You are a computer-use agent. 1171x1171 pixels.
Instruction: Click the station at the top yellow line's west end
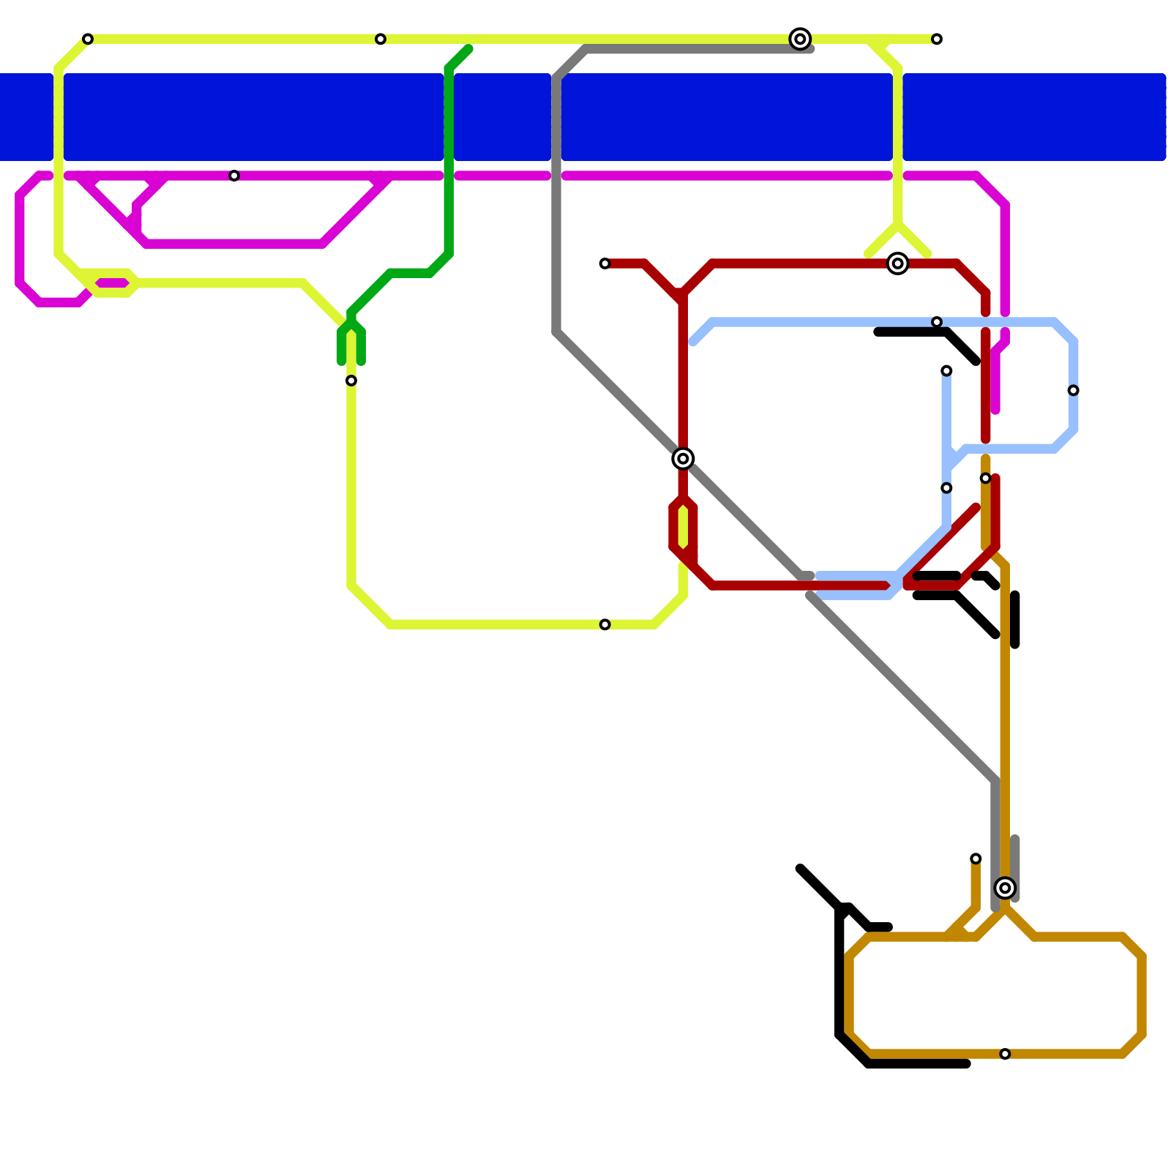(88, 39)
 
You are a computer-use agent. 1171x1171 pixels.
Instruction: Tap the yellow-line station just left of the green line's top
(381, 39)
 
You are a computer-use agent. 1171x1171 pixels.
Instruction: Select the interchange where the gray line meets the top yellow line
(800, 39)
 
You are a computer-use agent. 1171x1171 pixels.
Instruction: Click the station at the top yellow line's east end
(937, 39)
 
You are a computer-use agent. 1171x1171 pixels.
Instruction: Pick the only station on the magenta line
(234, 176)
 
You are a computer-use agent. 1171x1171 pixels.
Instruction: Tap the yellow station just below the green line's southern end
(351, 381)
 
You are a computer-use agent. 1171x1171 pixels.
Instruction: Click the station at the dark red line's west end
(605, 263)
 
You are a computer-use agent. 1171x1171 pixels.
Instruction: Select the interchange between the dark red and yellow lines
(897, 263)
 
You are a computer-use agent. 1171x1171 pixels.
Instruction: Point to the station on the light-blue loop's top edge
(937, 322)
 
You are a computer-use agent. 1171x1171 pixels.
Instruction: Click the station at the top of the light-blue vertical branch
(946, 371)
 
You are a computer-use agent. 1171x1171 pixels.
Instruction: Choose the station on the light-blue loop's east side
(1073, 390)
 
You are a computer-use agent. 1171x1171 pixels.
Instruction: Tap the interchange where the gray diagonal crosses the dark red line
(683, 459)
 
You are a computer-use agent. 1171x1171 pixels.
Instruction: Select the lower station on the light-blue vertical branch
(946, 488)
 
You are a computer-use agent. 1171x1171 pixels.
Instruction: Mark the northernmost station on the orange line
(986, 478)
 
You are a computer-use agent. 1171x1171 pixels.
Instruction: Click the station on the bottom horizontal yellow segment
(605, 624)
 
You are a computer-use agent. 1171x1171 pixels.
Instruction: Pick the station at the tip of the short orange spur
(976, 858)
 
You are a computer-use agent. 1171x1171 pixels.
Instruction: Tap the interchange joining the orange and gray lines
(1005, 888)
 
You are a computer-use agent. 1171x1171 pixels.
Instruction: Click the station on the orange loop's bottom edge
(1005, 1054)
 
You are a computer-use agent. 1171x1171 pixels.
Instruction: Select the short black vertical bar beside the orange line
(1015, 620)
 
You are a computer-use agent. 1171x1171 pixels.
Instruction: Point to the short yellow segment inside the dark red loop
(683, 527)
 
